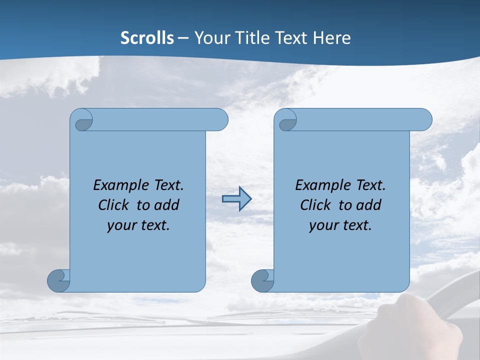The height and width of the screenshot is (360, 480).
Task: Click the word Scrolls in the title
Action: (x=147, y=37)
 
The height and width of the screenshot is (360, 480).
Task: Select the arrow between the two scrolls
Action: (x=236, y=199)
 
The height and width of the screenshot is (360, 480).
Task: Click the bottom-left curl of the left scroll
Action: (x=58, y=280)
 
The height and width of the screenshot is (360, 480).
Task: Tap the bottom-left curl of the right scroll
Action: (x=262, y=280)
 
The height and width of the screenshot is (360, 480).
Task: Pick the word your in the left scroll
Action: (x=120, y=225)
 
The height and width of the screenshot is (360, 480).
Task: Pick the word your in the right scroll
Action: (x=322, y=225)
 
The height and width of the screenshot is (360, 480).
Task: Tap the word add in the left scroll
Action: (x=167, y=205)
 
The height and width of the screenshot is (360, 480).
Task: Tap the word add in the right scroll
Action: (x=369, y=205)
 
